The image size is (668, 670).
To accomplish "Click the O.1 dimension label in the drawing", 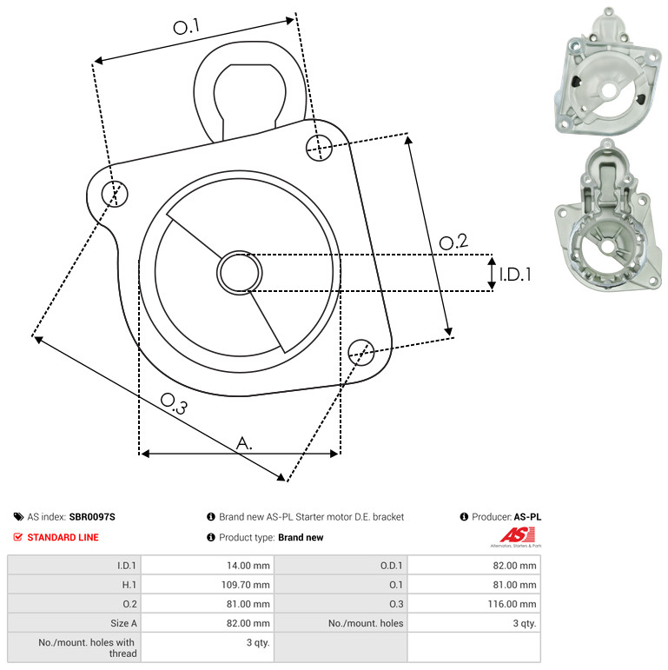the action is [186, 26].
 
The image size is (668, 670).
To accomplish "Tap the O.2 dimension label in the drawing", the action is [453, 242].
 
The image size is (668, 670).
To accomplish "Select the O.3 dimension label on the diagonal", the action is [174, 404].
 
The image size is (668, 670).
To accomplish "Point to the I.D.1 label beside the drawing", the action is [515, 275].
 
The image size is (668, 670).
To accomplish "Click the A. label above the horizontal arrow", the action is [244, 443].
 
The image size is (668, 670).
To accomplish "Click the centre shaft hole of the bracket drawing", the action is [240, 273].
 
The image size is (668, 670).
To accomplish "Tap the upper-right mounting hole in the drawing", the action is [319, 148].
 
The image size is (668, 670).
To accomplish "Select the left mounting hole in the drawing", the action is [115, 194].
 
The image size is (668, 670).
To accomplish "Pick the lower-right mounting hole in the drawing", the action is [361, 353].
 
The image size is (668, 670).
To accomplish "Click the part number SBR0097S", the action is [92, 517].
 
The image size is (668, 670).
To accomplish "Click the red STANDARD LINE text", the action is [63, 537].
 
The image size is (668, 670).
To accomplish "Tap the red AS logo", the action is [517, 535].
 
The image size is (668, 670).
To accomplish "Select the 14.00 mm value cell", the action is [208, 566].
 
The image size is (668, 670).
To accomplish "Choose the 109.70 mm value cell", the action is [208, 585].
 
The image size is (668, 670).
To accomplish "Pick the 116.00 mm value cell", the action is [474, 604].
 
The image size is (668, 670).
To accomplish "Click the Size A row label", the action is [124, 623].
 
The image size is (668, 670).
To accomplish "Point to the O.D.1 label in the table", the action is [392, 566].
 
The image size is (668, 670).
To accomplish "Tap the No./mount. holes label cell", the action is [341, 623].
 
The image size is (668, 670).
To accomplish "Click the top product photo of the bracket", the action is [608, 71].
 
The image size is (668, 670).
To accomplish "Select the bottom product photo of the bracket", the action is [608, 216].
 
